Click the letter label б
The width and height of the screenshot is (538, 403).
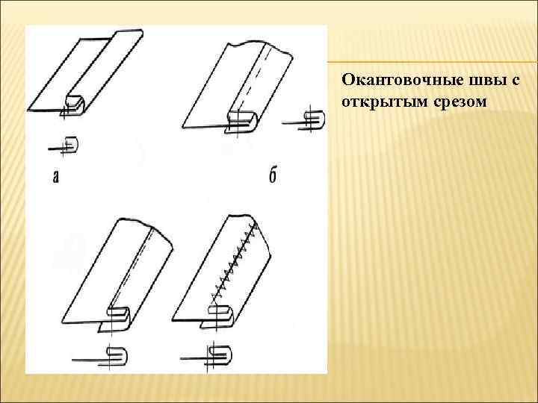click(272, 177)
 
